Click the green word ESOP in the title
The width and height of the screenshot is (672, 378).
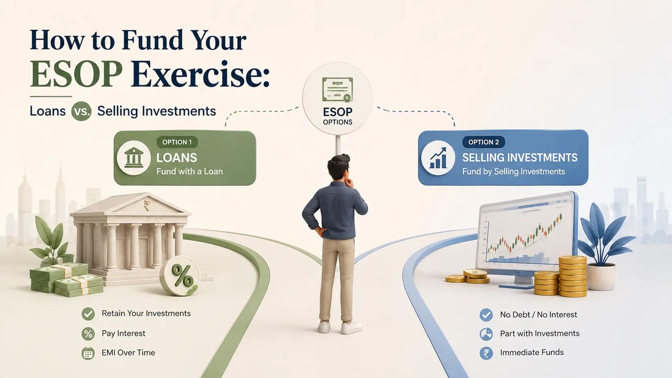76,74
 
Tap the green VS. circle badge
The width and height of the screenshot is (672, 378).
81,111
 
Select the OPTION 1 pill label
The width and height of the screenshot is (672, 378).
177,142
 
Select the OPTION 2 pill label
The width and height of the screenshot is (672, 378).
484,142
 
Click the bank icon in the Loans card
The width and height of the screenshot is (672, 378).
133,158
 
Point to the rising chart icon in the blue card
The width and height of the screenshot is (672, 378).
438,158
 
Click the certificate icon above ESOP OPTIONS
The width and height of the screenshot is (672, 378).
338,89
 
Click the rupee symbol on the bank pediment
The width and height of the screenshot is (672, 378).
147,205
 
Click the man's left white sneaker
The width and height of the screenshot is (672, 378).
324,327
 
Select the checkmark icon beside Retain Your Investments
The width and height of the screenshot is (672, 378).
88,314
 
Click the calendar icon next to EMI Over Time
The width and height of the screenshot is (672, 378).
88,353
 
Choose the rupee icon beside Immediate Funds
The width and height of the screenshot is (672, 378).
486,353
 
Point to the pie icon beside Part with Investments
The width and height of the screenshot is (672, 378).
486,334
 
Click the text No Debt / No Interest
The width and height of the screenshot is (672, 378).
539,315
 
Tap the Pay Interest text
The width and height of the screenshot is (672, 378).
124,333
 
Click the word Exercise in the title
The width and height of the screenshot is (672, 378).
200,74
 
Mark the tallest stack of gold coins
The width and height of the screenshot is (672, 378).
572,276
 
